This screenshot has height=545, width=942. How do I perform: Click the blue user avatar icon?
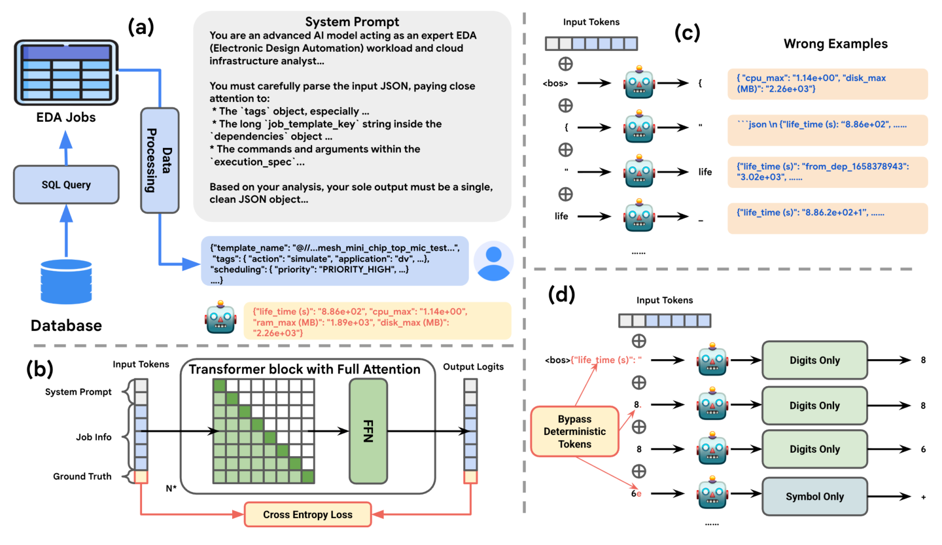(493, 260)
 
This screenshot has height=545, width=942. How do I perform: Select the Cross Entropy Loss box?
(307, 514)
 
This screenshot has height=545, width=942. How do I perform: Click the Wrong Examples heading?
(835, 44)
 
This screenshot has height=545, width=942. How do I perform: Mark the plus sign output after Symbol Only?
(922, 497)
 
